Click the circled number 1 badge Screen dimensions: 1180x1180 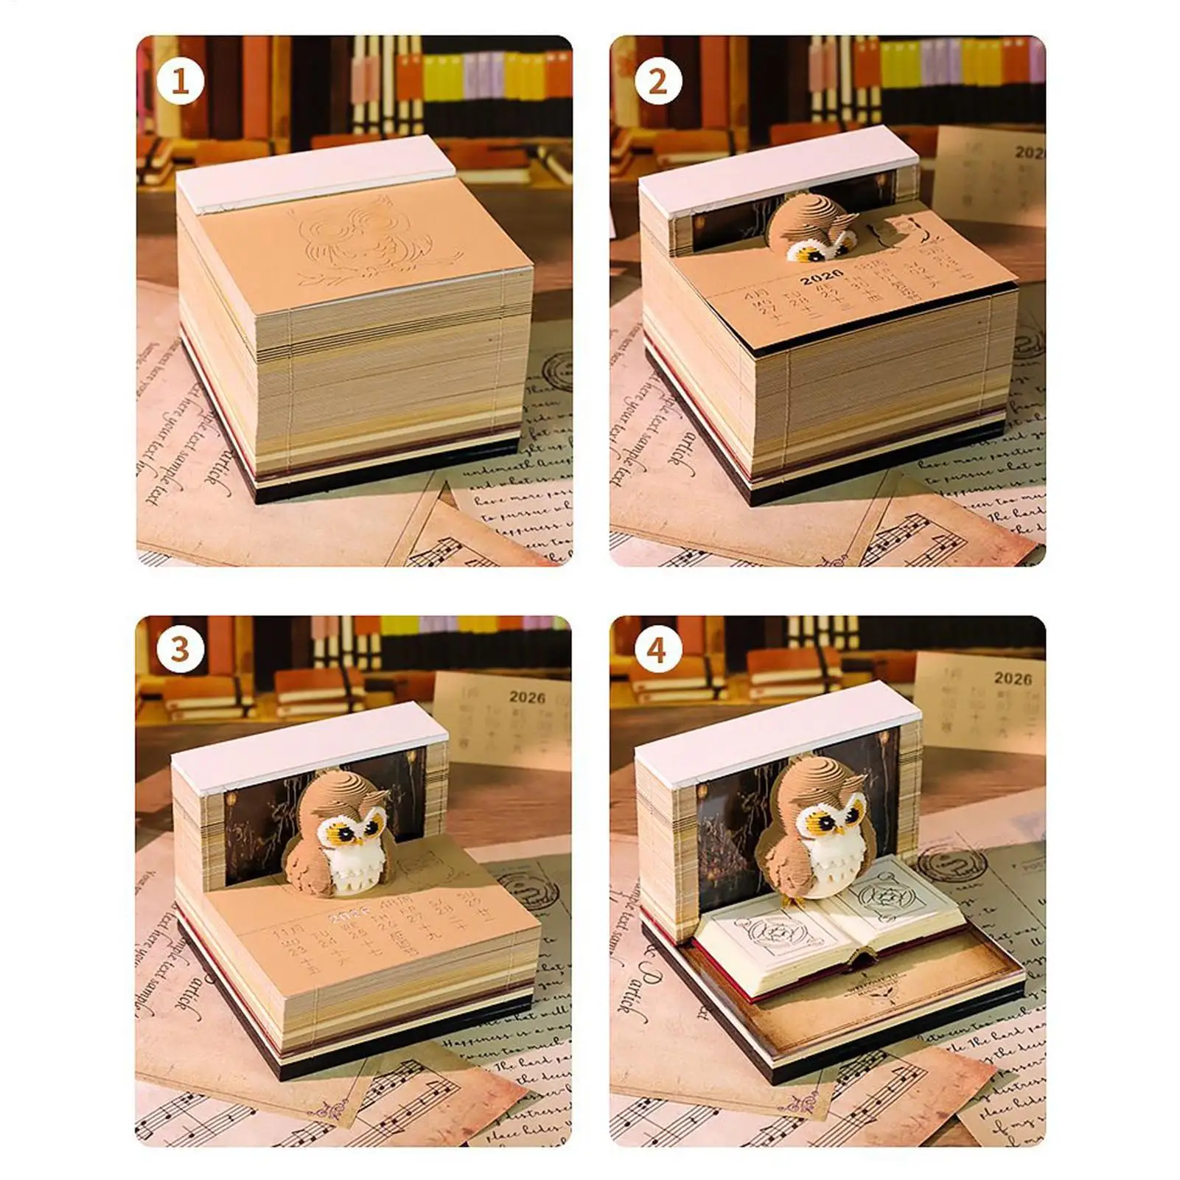(180, 81)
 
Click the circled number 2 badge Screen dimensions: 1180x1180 (657, 81)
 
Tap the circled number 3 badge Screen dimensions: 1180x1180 (180, 650)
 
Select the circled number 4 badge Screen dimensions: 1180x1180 (657, 650)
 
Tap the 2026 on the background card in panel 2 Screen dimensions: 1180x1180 (1029, 153)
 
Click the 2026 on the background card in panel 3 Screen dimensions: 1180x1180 (527, 697)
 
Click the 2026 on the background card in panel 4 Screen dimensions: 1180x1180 (1013, 678)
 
